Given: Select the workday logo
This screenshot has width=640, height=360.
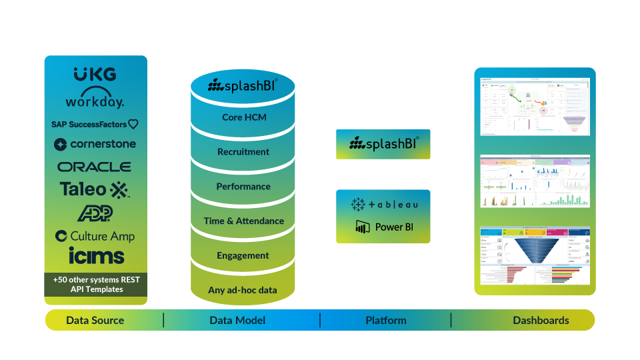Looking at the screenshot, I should coord(95,99).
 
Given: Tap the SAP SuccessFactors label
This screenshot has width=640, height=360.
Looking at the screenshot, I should coord(95,124).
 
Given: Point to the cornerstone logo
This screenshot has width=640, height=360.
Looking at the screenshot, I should coord(95,144).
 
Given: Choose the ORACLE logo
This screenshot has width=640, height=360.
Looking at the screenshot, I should coord(95,167).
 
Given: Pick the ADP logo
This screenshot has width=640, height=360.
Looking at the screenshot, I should coord(95,213).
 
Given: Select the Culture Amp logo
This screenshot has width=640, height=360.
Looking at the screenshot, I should coord(95,236).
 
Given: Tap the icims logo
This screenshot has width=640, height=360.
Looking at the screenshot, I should coord(96,255).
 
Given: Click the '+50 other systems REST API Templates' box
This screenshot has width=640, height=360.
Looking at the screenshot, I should coord(95,285).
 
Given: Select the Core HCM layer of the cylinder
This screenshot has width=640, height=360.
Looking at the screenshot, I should coord(243,117).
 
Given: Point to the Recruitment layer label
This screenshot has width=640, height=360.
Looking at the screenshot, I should coord(243,152).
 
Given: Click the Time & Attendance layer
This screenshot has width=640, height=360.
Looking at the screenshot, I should coord(243,221).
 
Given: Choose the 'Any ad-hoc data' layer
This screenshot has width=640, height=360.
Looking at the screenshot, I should coord(243,290).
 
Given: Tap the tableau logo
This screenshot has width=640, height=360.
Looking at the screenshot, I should coord(383,204).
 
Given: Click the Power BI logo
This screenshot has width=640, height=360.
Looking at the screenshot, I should coord(384,227).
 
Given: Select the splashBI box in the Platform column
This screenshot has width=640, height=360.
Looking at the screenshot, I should coord(383,143).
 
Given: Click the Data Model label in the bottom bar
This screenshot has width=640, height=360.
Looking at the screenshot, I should coord(237,321).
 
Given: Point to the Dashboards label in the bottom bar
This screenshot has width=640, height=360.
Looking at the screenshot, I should coord(541,321).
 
